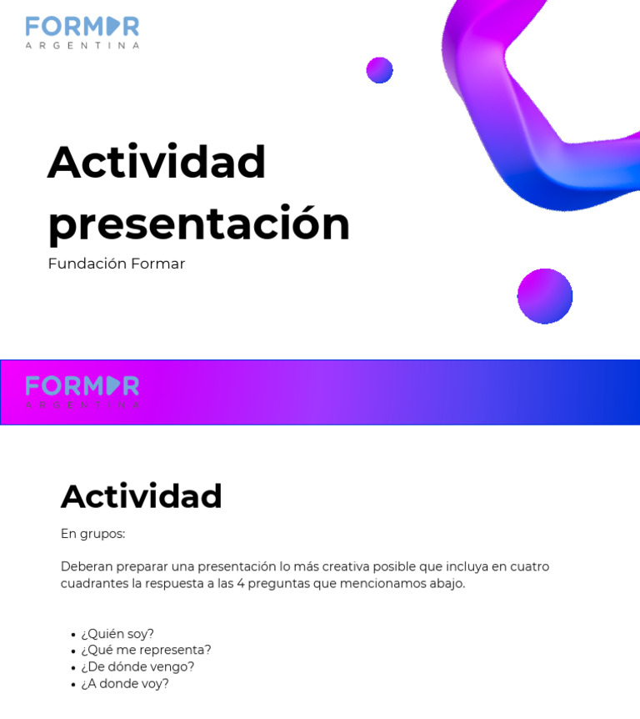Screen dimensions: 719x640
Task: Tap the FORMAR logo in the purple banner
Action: [x=82, y=391]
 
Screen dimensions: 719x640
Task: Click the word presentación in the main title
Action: [x=198, y=224]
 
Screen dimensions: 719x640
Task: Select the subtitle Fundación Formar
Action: [x=116, y=264]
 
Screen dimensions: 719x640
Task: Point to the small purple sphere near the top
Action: [x=379, y=70]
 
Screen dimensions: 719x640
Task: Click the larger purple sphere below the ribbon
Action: [x=544, y=296]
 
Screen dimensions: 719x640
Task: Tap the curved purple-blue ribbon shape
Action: [x=533, y=125]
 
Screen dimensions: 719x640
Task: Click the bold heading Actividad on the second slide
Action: [x=141, y=496]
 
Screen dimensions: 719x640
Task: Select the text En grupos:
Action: [x=92, y=534]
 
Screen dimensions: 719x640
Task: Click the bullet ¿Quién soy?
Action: [x=117, y=634]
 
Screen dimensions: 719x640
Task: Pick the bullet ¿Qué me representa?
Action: [x=146, y=650]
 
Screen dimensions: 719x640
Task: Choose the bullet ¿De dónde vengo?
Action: [x=137, y=666]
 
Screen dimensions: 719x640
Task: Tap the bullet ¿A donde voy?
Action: [x=125, y=683]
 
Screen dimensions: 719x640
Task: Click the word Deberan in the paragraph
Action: [x=86, y=566]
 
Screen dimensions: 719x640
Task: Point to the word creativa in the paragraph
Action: [x=344, y=566]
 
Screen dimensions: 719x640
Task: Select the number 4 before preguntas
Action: [x=241, y=583]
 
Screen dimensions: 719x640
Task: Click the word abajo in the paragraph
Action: [x=445, y=583]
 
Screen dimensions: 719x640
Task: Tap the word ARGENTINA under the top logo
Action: [x=82, y=45]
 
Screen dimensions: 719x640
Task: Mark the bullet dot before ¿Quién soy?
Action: [x=73, y=635]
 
